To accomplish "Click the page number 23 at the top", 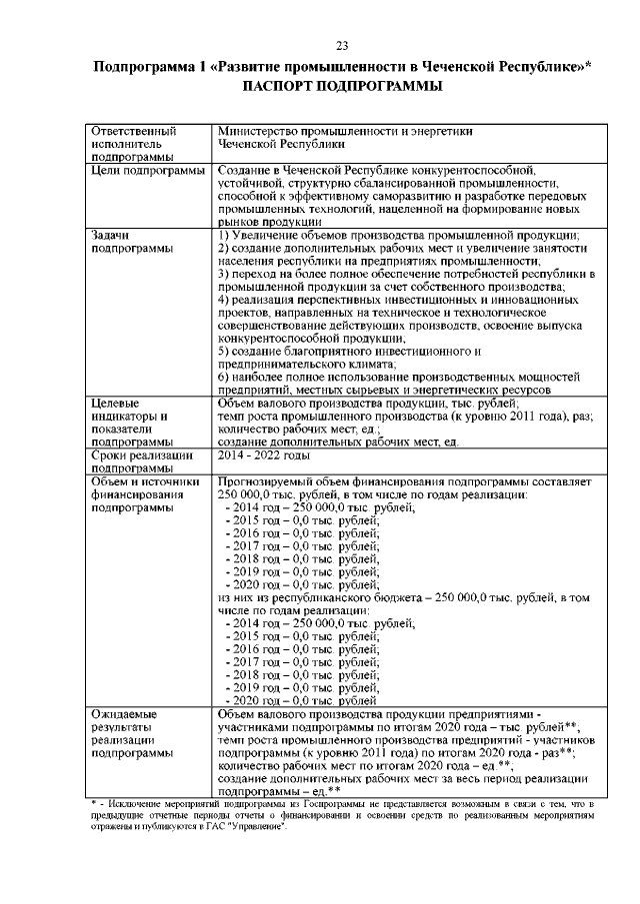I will point(341,46).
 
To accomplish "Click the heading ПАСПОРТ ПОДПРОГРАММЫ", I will point(341,87).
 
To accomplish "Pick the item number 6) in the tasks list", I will point(225,379).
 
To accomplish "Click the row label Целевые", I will point(115,404).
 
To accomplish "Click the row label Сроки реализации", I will point(141,455).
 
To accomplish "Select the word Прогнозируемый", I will point(268,481).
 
